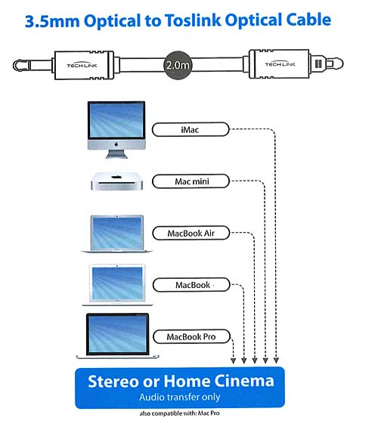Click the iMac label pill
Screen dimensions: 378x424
pyautogui.click(x=191, y=129)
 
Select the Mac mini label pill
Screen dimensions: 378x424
pyautogui.click(x=191, y=181)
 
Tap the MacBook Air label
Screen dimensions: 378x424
pyautogui.click(x=191, y=233)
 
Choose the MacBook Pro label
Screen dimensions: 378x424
pyautogui.click(x=191, y=336)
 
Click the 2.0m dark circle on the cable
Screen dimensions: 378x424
pyautogui.click(x=178, y=65)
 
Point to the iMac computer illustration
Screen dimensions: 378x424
pyautogui.click(x=116, y=130)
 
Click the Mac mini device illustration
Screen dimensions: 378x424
pyautogui.click(x=117, y=181)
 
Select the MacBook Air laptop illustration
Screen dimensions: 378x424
pyautogui.click(x=117, y=234)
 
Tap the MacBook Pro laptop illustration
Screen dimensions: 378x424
pyautogui.click(x=118, y=336)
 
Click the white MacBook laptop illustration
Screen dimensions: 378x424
pyautogui.click(x=117, y=285)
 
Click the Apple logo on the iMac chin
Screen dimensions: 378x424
pyautogui.click(x=116, y=144)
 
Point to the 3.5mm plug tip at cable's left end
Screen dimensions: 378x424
pyautogui.click(x=20, y=66)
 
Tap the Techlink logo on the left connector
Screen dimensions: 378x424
pyautogui.click(x=82, y=65)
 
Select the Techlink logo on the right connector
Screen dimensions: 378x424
pyautogui.click(x=280, y=63)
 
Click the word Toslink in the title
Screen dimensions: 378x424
pyautogui.click(x=193, y=20)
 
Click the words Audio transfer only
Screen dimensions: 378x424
pyautogui.click(x=180, y=397)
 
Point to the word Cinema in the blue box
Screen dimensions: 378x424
pyautogui.click(x=244, y=381)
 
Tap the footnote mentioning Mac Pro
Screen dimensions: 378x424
pyautogui.click(x=179, y=413)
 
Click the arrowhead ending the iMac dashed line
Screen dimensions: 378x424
pyautogui.click(x=276, y=361)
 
